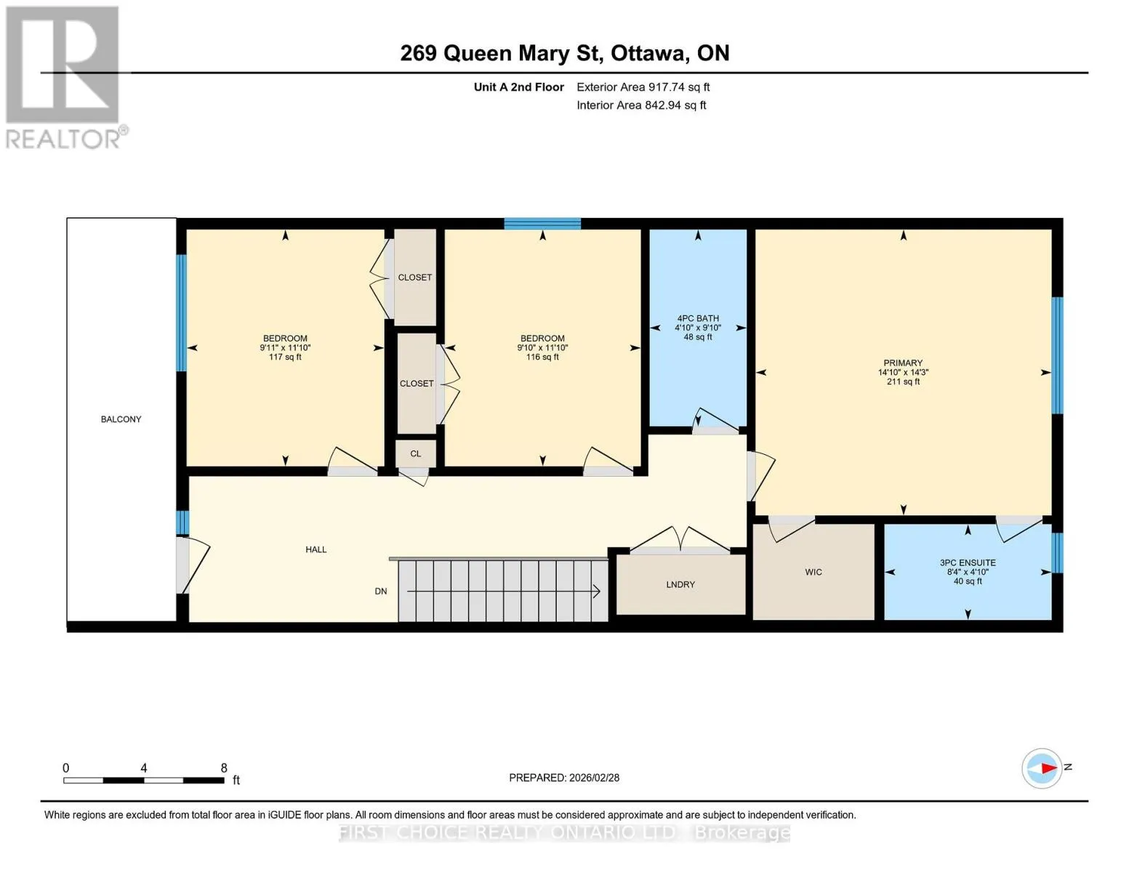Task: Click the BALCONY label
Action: tap(121, 419)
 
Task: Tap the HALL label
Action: tap(316, 549)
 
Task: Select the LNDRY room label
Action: tap(680, 584)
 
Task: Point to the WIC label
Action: tap(813, 572)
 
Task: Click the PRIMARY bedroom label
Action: tap(903, 363)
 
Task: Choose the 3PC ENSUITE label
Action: tap(968, 562)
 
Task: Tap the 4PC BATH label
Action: tap(698, 318)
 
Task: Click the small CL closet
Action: tap(416, 453)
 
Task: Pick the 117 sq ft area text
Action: tap(285, 357)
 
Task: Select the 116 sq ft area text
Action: tap(542, 357)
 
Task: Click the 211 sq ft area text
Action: tap(903, 381)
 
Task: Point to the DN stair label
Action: tap(381, 591)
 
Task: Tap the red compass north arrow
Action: tap(1049, 767)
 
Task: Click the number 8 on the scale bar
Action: tap(224, 767)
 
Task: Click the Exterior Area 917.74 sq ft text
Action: tap(643, 87)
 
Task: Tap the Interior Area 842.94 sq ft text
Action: tap(641, 105)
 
